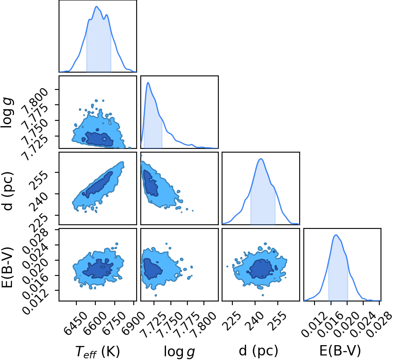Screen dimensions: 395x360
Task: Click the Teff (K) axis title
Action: pyautogui.click(x=97, y=352)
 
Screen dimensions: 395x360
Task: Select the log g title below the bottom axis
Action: pyautogui.click(x=180, y=351)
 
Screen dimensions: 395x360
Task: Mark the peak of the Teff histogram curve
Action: pyautogui.click(x=97, y=6)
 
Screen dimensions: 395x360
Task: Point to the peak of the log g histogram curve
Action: pyautogui.click(x=148, y=82)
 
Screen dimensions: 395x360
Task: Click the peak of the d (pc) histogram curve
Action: pyautogui.click(x=261, y=159)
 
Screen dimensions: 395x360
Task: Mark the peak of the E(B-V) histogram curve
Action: pyautogui.click(x=336, y=235)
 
